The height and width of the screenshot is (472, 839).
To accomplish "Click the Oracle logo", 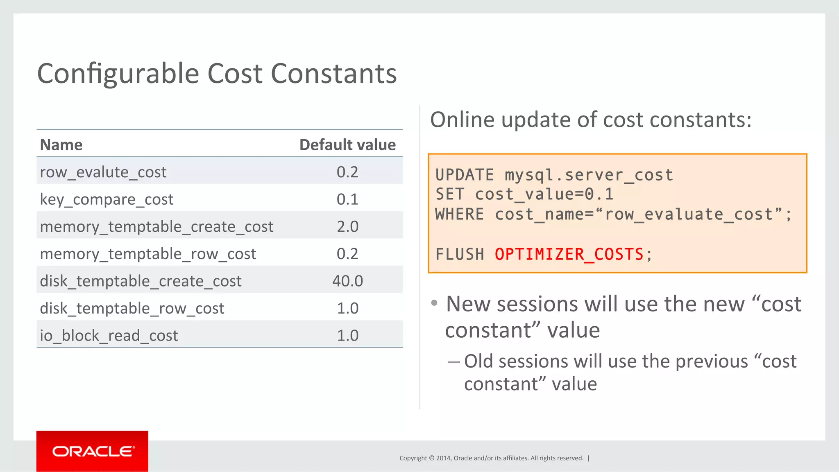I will pyautogui.click(x=93, y=451).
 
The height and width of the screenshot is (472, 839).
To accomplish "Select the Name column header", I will pyautogui.click(x=61, y=145).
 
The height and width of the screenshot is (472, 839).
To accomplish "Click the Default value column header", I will pyautogui.click(x=347, y=145).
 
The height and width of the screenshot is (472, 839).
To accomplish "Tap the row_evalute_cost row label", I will pyautogui.click(x=103, y=172).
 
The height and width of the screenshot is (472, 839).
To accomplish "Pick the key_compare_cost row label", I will pyautogui.click(x=107, y=200).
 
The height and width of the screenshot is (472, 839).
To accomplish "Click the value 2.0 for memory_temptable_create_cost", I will pyautogui.click(x=347, y=226).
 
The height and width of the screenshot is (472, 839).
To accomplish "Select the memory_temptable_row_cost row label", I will pyautogui.click(x=148, y=254).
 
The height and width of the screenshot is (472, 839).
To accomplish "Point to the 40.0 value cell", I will pyautogui.click(x=347, y=281).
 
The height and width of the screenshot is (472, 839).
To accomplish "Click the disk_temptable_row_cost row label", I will pyautogui.click(x=132, y=308).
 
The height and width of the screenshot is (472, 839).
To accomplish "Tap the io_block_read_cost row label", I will pyautogui.click(x=109, y=336).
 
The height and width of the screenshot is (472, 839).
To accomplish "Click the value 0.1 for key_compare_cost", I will pyautogui.click(x=347, y=199).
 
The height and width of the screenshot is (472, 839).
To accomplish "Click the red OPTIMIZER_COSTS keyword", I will pyautogui.click(x=569, y=255).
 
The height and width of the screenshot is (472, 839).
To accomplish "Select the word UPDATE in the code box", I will pyautogui.click(x=465, y=175).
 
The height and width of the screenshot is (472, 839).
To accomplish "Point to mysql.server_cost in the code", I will pyautogui.click(x=589, y=175).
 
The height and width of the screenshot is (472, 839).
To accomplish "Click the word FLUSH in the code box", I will pyautogui.click(x=460, y=255).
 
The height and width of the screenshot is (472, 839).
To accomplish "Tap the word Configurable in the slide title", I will pyautogui.click(x=118, y=74).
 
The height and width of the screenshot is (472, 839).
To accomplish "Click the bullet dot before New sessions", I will pyautogui.click(x=434, y=303).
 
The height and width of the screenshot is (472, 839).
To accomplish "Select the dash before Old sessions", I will pyautogui.click(x=454, y=362).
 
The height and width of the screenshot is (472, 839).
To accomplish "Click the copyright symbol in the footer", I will pyautogui.click(x=431, y=458).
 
